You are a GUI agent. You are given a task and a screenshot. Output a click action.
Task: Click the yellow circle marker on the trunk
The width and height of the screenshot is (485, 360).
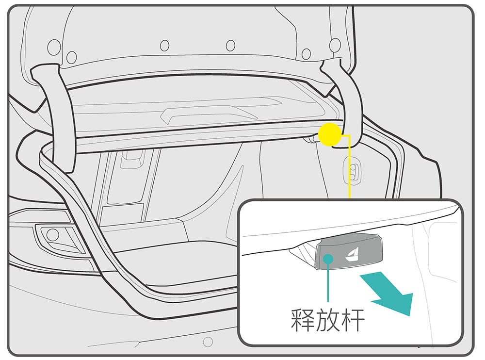[x=330, y=134]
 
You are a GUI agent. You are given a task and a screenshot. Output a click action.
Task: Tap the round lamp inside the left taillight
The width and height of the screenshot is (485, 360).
[x=52, y=235]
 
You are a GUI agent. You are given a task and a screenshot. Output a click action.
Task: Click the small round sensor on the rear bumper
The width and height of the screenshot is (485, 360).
[x=208, y=341]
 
